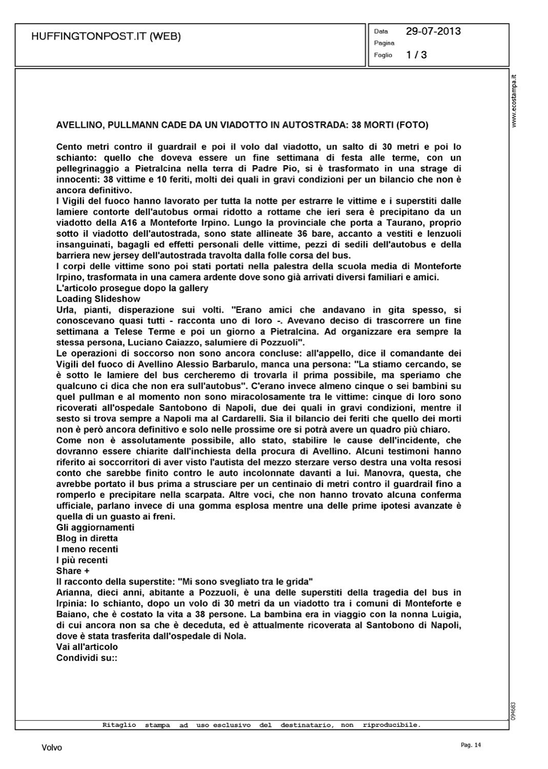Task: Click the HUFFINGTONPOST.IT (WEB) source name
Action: point(106,36)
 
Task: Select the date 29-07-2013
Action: point(433,31)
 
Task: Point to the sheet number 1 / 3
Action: point(416,55)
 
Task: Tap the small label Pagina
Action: point(384,43)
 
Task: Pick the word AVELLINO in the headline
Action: point(77,125)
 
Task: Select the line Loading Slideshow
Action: point(98,299)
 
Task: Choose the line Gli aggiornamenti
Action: point(95,528)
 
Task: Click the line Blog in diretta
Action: point(87,538)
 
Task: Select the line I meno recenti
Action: point(87,549)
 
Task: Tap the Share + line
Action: point(73,571)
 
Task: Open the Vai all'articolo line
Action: point(87,647)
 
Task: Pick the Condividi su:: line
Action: point(87,658)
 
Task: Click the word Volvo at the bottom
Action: point(52,748)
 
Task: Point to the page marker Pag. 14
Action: point(468,745)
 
